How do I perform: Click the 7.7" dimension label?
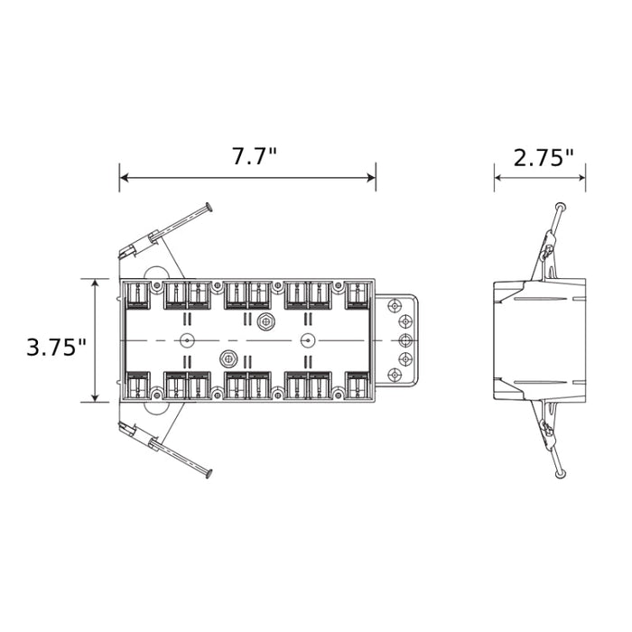[x=255, y=156]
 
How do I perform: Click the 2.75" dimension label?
[x=543, y=158]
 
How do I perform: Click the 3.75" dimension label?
[x=56, y=347]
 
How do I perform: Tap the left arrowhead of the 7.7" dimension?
[x=125, y=177]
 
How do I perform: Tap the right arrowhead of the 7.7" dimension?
[x=371, y=177]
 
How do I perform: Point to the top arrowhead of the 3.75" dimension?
[x=95, y=283]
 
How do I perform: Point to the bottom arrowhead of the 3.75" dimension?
[x=95, y=397]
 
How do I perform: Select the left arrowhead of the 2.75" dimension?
[x=499, y=177]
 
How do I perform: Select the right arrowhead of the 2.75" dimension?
[x=581, y=177]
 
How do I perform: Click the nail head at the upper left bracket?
[x=209, y=207]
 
